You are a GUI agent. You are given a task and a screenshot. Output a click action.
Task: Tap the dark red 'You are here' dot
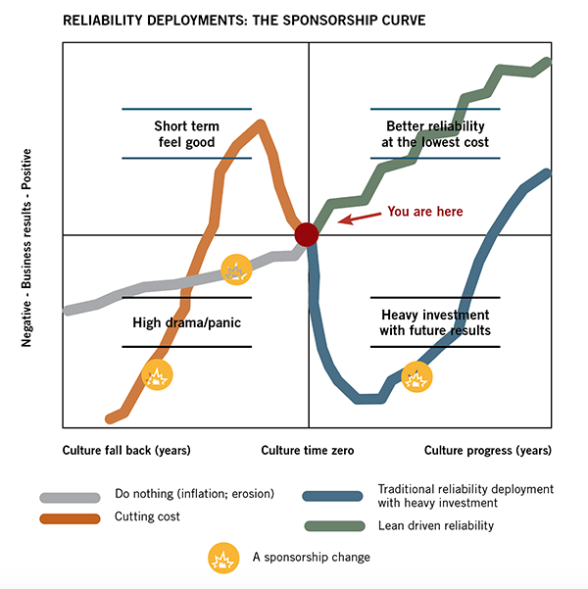tap(307, 234)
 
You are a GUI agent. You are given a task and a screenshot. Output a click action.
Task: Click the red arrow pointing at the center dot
tap(359, 215)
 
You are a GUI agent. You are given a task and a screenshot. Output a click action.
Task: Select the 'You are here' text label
tap(424, 211)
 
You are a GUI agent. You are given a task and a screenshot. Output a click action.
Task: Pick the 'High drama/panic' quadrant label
tap(186, 322)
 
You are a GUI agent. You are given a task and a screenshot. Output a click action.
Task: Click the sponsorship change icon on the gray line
tap(236, 269)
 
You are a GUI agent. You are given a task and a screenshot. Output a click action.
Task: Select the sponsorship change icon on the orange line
tap(158, 373)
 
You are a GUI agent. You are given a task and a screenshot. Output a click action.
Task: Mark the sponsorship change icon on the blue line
tap(416, 376)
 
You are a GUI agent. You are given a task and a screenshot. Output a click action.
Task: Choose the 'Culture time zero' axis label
tap(309, 450)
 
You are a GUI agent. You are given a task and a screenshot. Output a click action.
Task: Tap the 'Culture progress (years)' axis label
tap(487, 450)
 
